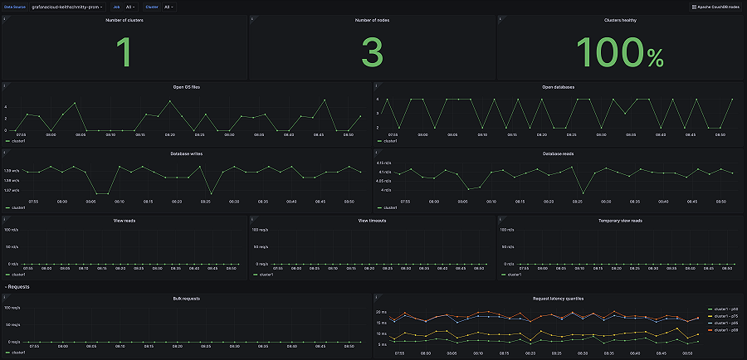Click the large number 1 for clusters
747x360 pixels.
coord(124,53)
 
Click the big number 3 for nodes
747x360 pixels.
coord(372,53)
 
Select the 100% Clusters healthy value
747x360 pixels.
coord(621,53)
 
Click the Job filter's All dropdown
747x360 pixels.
coord(129,7)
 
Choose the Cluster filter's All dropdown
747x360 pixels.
coord(168,7)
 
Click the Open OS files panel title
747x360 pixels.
coord(186,86)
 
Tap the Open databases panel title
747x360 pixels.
coord(559,86)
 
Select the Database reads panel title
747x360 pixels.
coord(559,153)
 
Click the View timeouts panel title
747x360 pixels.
coord(372,221)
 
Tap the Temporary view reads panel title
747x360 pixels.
coord(620,221)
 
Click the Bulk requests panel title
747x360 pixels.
coord(186,298)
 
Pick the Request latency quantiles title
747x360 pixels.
coord(559,298)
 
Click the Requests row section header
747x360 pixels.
coord(19,286)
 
